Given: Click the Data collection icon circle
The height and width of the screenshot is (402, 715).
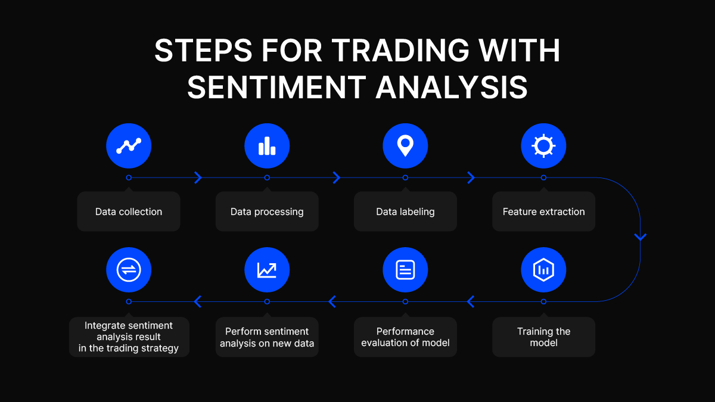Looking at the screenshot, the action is pos(129,146).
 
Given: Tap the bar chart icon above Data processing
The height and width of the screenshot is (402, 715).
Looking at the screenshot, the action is pos(267,146).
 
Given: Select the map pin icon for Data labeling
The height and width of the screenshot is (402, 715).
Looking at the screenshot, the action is pos(405,146).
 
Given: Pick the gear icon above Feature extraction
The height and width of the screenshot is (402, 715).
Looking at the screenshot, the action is pos(543,146).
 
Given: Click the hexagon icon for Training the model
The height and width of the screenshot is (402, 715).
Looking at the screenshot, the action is pos(543,270).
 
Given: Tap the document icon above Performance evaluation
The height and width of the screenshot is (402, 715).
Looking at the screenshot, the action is pos(405,270).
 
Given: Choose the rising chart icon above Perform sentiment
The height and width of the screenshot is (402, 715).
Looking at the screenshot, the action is pos(267,270).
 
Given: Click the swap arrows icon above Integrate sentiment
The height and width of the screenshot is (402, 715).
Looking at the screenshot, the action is pos(129,270).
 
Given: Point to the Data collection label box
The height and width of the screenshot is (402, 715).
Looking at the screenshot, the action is pos(129,211).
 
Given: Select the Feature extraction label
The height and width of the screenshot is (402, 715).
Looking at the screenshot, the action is pos(543,211).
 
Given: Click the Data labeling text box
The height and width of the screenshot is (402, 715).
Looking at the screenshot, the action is pos(405,211).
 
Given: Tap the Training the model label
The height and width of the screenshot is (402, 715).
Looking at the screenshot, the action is pos(543,337).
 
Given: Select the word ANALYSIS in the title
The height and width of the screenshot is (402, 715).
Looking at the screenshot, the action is pos(452,87).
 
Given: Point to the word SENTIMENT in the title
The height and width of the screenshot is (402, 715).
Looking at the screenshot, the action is pos(276,87).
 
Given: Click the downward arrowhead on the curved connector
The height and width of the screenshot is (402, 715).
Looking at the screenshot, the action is pos(641,237).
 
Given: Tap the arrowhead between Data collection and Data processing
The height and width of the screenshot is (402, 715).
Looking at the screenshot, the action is pos(198,177).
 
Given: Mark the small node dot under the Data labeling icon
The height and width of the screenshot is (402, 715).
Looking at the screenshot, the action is pos(405,177).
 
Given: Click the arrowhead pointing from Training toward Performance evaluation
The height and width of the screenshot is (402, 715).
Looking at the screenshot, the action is pos(470,301).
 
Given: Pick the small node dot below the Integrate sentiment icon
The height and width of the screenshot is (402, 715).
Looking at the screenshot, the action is pos(129,301).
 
